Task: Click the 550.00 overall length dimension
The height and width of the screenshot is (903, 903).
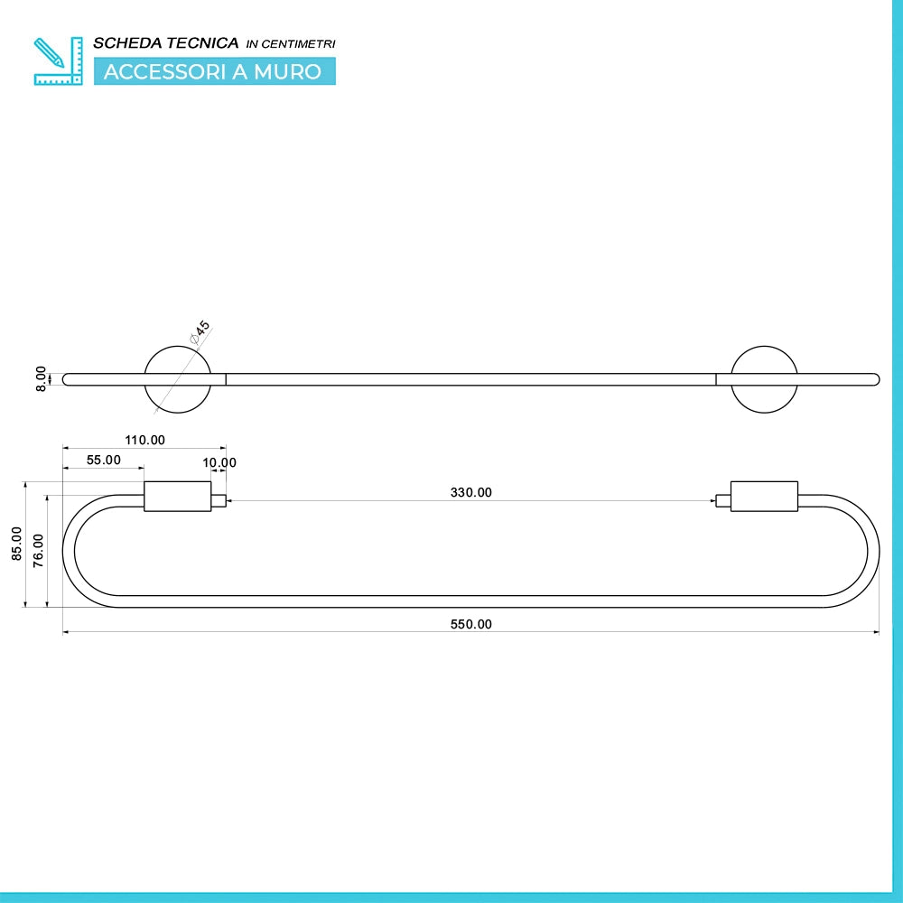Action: click(x=470, y=624)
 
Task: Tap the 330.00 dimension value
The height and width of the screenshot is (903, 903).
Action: click(x=470, y=492)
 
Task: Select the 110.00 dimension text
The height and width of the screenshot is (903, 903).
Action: click(x=144, y=440)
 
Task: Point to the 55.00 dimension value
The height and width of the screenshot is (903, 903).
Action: click(x=104, y=461)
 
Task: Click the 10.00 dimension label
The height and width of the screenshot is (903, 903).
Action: click(x=219, y=462)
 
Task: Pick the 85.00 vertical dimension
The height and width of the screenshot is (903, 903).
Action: click(x=16, y=544)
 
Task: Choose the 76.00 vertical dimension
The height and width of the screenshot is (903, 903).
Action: click(x=38, y=551)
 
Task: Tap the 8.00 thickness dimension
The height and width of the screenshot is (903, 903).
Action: click(x=41, y=379)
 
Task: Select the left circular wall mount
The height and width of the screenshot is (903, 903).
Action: click(x=177, y=347)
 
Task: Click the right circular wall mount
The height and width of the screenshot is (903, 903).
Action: click(x=764, y=347)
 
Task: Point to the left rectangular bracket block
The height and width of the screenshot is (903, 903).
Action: click(x=177, y=497)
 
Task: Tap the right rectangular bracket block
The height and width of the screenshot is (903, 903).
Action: click(x=764, y=497)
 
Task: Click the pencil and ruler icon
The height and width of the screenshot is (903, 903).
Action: click(x=58, y=61)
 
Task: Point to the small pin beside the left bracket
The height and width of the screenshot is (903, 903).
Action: click(x=219, y=501)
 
